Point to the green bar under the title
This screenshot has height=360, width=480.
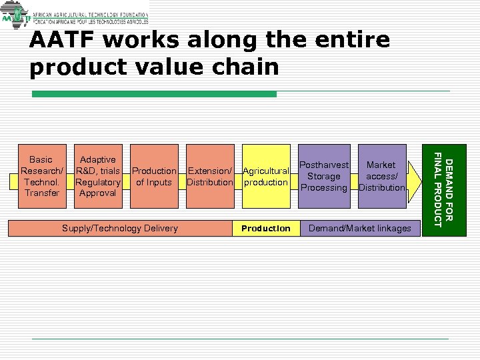pos(154,95)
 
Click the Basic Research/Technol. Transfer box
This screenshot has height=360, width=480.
pos(42,176)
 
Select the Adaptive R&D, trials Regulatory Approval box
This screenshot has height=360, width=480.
pos(98,176)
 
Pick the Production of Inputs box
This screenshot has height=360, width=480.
pos(154,176)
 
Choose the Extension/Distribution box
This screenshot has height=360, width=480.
pos(210,176)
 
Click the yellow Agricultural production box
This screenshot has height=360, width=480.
pos(265,176)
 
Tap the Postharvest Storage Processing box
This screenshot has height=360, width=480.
pos(324,176)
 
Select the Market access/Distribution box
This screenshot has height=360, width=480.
pos(381,176)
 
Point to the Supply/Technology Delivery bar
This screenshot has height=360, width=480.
pos(120,228)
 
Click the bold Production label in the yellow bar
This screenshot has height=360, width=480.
pos(265,228)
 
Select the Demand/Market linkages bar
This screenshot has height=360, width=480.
pos(359,228)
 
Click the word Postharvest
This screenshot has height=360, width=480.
pos(324,165)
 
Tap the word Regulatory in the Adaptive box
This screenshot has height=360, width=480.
pos(98,182)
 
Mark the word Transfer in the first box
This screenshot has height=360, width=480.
pos(42,193)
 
